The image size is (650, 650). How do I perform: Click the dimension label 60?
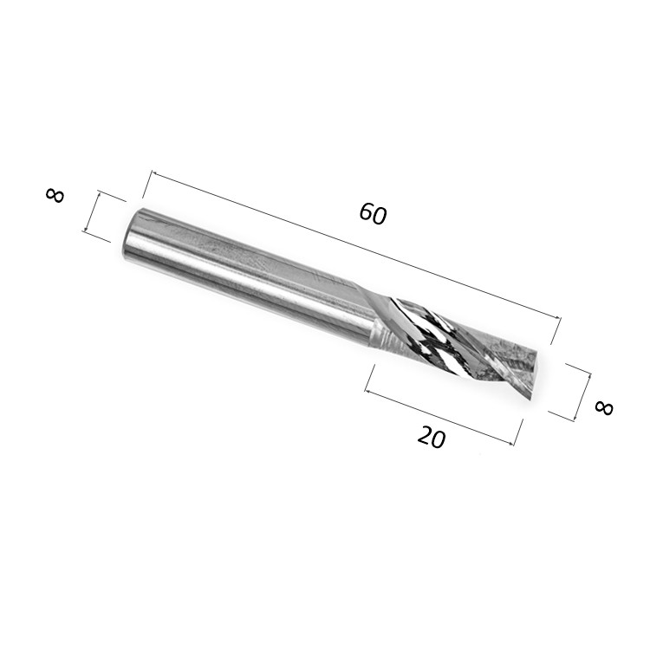coord(373,213)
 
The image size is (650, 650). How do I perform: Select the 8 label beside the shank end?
coord(55,195)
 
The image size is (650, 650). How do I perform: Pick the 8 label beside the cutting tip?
coord(603,407)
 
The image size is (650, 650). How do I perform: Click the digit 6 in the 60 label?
coord(366,211)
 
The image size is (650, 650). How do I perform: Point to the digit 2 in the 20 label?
coord(425,434)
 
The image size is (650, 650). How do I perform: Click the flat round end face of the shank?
coord(133,234)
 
